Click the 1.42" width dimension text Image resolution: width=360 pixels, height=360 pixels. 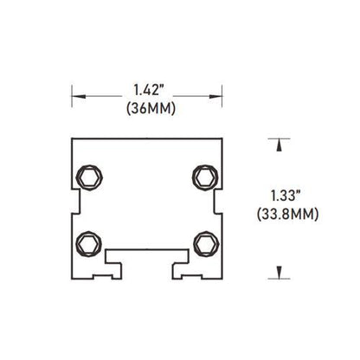pyautogui.click(x=147, y=87)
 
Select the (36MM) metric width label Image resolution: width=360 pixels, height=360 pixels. pyautogui.click(x=147, y=107)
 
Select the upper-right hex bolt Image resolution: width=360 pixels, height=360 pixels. pyautogui.click(x=204, y=178)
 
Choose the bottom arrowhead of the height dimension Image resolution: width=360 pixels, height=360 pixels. pyautogui.click(x=278, y=275)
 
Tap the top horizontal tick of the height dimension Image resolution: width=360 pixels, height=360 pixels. pyautogui.click(x=278, y=138)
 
